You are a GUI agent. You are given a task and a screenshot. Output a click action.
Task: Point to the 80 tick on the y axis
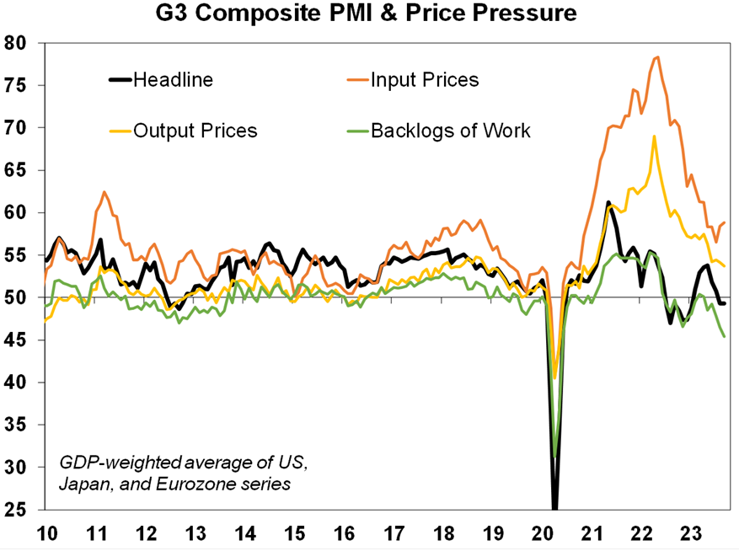point(17,43)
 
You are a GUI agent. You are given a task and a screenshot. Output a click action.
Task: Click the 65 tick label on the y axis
point(17,170)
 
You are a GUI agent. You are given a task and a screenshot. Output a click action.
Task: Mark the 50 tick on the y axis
point(17,297)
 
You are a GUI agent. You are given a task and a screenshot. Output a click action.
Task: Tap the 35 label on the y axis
point(17,425)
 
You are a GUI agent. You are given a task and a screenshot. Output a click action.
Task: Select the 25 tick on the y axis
point(17,510)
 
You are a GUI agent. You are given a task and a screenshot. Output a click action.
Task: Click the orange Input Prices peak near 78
point(657,57)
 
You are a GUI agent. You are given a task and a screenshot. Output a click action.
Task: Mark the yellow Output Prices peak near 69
point(654,136)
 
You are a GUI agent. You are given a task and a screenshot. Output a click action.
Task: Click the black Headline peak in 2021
point(608,202)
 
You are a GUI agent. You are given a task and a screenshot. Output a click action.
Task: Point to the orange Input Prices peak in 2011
point(104,192)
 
